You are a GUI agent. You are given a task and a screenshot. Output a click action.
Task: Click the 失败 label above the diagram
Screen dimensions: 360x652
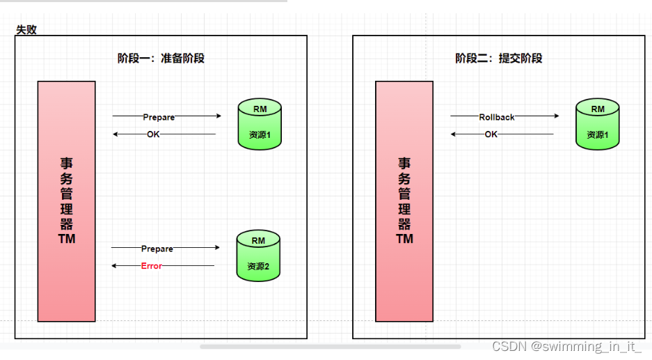(26, 30)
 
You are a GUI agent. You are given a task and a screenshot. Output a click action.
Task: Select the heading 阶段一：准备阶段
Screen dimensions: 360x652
(161, 58)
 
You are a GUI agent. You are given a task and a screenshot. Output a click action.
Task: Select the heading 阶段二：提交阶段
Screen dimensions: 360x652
(498, 58)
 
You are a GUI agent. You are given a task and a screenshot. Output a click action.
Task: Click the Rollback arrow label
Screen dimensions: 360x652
(497, 117)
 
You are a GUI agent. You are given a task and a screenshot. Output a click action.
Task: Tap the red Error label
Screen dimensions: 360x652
(151, 266)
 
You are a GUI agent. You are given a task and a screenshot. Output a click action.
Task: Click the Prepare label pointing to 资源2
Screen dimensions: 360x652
(157, 249)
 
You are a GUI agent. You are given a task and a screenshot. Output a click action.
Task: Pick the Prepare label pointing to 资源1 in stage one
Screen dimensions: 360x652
(159, 117)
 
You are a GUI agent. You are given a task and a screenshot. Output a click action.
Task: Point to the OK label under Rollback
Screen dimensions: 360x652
(491, 134)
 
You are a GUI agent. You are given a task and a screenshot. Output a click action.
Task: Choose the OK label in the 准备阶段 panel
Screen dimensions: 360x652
(153, 134)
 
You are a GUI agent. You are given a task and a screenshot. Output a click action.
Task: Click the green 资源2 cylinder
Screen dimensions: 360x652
(258, 255)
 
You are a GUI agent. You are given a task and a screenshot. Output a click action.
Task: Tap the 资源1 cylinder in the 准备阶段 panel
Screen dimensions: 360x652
(260, 124)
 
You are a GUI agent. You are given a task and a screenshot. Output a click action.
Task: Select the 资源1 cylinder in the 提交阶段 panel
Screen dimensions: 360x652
(598, 124)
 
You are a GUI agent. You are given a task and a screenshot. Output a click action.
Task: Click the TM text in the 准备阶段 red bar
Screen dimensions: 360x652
(67, 239)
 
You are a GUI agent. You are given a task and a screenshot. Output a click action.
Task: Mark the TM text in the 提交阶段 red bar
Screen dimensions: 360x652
(404, 239)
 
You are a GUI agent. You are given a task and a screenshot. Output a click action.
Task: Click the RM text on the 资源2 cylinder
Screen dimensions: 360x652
(258, 241)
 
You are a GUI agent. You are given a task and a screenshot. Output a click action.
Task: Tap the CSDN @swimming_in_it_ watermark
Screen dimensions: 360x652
(566, 346)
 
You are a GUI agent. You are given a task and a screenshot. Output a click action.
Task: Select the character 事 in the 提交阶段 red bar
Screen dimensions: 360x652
(404, 163)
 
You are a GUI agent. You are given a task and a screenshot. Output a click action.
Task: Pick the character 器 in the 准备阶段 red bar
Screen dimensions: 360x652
(67, 224)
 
